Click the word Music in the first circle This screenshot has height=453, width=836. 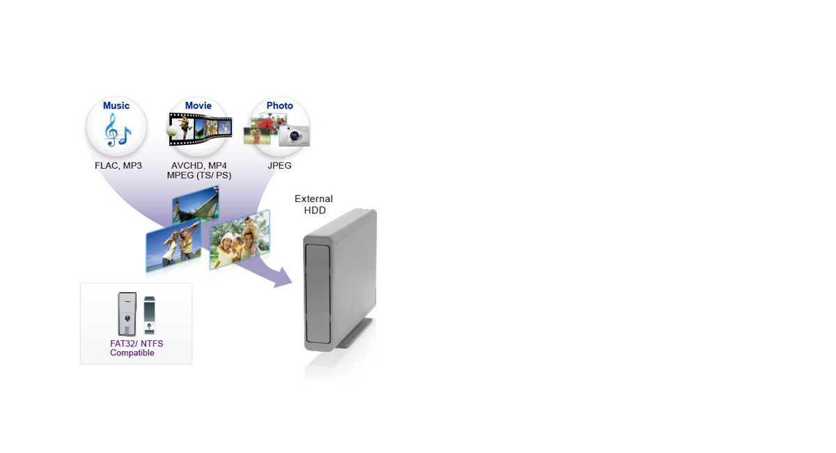[116, 106]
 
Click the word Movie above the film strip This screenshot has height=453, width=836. [199, 106]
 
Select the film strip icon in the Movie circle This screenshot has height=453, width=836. [199, 130]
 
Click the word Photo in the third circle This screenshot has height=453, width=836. [279, 106]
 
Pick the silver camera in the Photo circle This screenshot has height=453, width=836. [293, 135]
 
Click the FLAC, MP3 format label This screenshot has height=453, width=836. [118, 166]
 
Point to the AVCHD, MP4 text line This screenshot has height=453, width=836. [199, 166]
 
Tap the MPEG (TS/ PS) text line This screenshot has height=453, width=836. [199, 176]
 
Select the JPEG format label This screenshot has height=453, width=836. [279, 166]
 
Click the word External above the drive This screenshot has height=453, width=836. [313, 199]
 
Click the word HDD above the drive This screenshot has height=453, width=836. [315, 210]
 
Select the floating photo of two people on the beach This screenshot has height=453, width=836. [173, 247]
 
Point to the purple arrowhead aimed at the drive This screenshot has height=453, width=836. [281, 277]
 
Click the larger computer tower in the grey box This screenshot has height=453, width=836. [127, 314]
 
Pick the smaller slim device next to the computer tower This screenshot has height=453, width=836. [149, 316]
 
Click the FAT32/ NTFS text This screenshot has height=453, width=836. [137, 344]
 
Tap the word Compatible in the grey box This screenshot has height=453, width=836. [132, 353]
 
